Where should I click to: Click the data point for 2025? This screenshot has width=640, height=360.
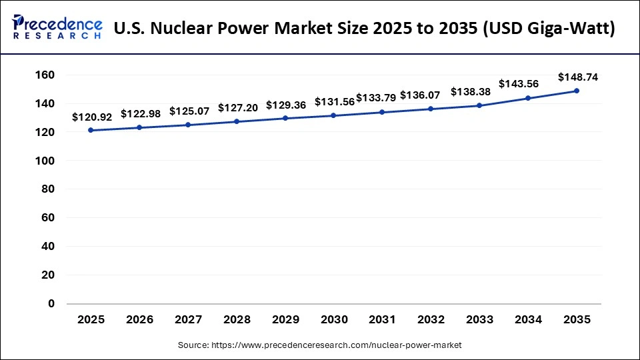91,130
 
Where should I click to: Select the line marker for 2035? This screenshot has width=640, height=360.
577,91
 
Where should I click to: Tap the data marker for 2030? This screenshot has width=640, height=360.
333,115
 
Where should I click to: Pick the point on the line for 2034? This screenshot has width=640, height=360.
528,98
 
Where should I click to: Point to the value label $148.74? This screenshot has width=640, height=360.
577,77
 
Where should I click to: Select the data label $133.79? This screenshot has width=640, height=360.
377,98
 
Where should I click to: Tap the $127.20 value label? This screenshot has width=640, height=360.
237,108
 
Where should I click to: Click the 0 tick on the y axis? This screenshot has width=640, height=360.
51,303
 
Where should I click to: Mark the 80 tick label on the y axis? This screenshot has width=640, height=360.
47,189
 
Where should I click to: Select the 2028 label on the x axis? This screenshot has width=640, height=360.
237,320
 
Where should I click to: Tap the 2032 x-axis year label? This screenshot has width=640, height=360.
431,320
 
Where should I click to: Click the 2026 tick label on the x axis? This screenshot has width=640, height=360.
139,320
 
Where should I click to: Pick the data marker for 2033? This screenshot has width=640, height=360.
479,105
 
